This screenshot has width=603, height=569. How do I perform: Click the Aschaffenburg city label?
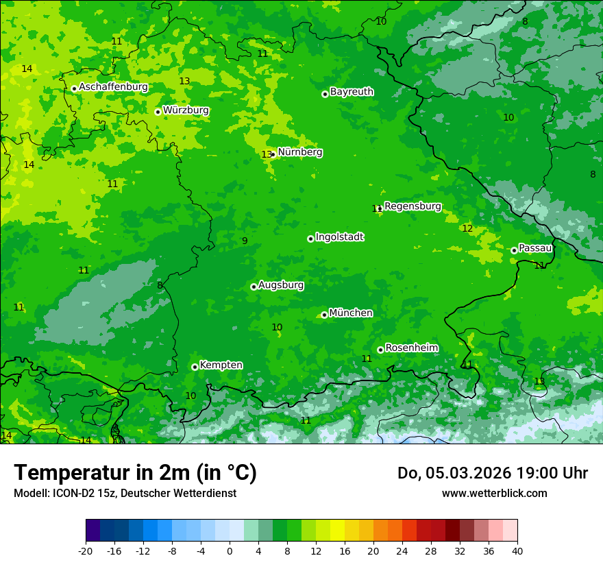(x=113, y=87)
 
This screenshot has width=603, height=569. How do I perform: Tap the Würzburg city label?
(x=186, y=110)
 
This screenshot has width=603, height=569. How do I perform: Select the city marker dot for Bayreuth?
(x=325, y=94)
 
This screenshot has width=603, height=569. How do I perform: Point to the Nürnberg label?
(x=299, y=152)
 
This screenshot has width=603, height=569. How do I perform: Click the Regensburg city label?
(x=413, y=206)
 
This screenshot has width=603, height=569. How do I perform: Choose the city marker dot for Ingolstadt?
(x=310, y=239)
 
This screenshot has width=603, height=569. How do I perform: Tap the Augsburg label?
(x=280, y=285)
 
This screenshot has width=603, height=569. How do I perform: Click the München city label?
(x=351, y=313)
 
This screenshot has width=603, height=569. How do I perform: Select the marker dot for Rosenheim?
(x=380, y=350)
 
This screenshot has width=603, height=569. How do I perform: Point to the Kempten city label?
(x=221, y=365)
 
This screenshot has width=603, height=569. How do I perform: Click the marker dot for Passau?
(x=514, y=250)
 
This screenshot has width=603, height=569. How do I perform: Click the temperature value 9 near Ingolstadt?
(x=245, y=241)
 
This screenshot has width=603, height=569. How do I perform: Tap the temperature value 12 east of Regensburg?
(x=467, y=228)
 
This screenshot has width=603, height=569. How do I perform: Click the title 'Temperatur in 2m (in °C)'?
(x=135, y=473)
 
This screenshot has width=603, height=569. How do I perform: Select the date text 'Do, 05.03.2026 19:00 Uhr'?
(x=492, y=473)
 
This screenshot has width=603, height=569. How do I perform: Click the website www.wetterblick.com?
(x=494, y=493)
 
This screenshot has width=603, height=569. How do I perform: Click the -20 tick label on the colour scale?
(x=86, y=550)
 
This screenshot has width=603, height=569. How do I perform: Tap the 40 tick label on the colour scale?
(x=517, y=550)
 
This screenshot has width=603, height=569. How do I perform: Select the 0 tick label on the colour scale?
(x=230, y=550)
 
